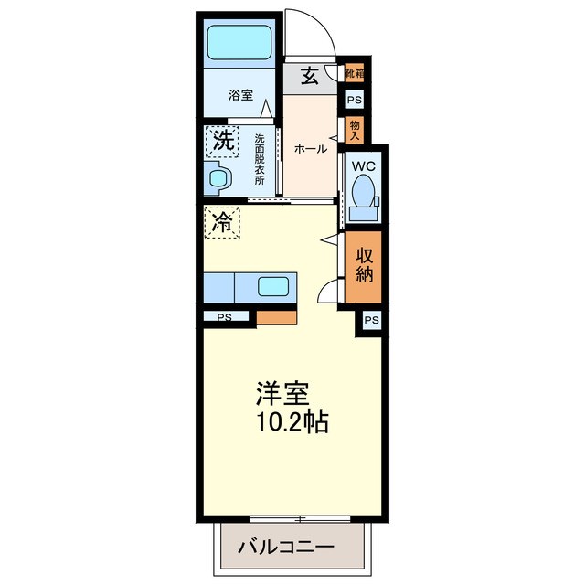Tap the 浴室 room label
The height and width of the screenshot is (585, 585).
[240, 94]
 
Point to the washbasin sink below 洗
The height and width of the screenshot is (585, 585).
[219, 178]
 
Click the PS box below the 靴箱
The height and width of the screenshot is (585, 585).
[353, 101]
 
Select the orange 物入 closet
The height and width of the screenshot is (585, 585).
[355, 129]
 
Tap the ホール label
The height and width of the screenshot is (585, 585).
[311, 149]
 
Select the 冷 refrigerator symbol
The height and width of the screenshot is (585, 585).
[222, 220]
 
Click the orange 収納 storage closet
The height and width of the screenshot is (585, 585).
[365, 267]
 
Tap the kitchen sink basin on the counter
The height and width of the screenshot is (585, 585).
[274, 286]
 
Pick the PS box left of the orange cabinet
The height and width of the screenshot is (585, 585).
[225, 317]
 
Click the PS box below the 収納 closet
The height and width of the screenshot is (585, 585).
[371, 320]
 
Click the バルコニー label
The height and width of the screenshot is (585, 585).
[287, 547]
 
